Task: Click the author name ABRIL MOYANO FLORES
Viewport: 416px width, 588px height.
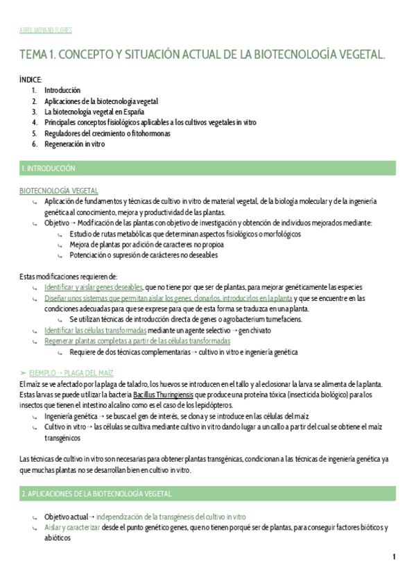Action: tap(45, 31)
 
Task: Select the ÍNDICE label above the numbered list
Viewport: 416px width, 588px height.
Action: tap(31, 80)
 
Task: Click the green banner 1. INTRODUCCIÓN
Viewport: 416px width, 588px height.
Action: tap(49, 168)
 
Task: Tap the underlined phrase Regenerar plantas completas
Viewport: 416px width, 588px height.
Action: tap(137, 341)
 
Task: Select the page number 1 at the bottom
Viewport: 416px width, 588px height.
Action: tap(394, 557)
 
